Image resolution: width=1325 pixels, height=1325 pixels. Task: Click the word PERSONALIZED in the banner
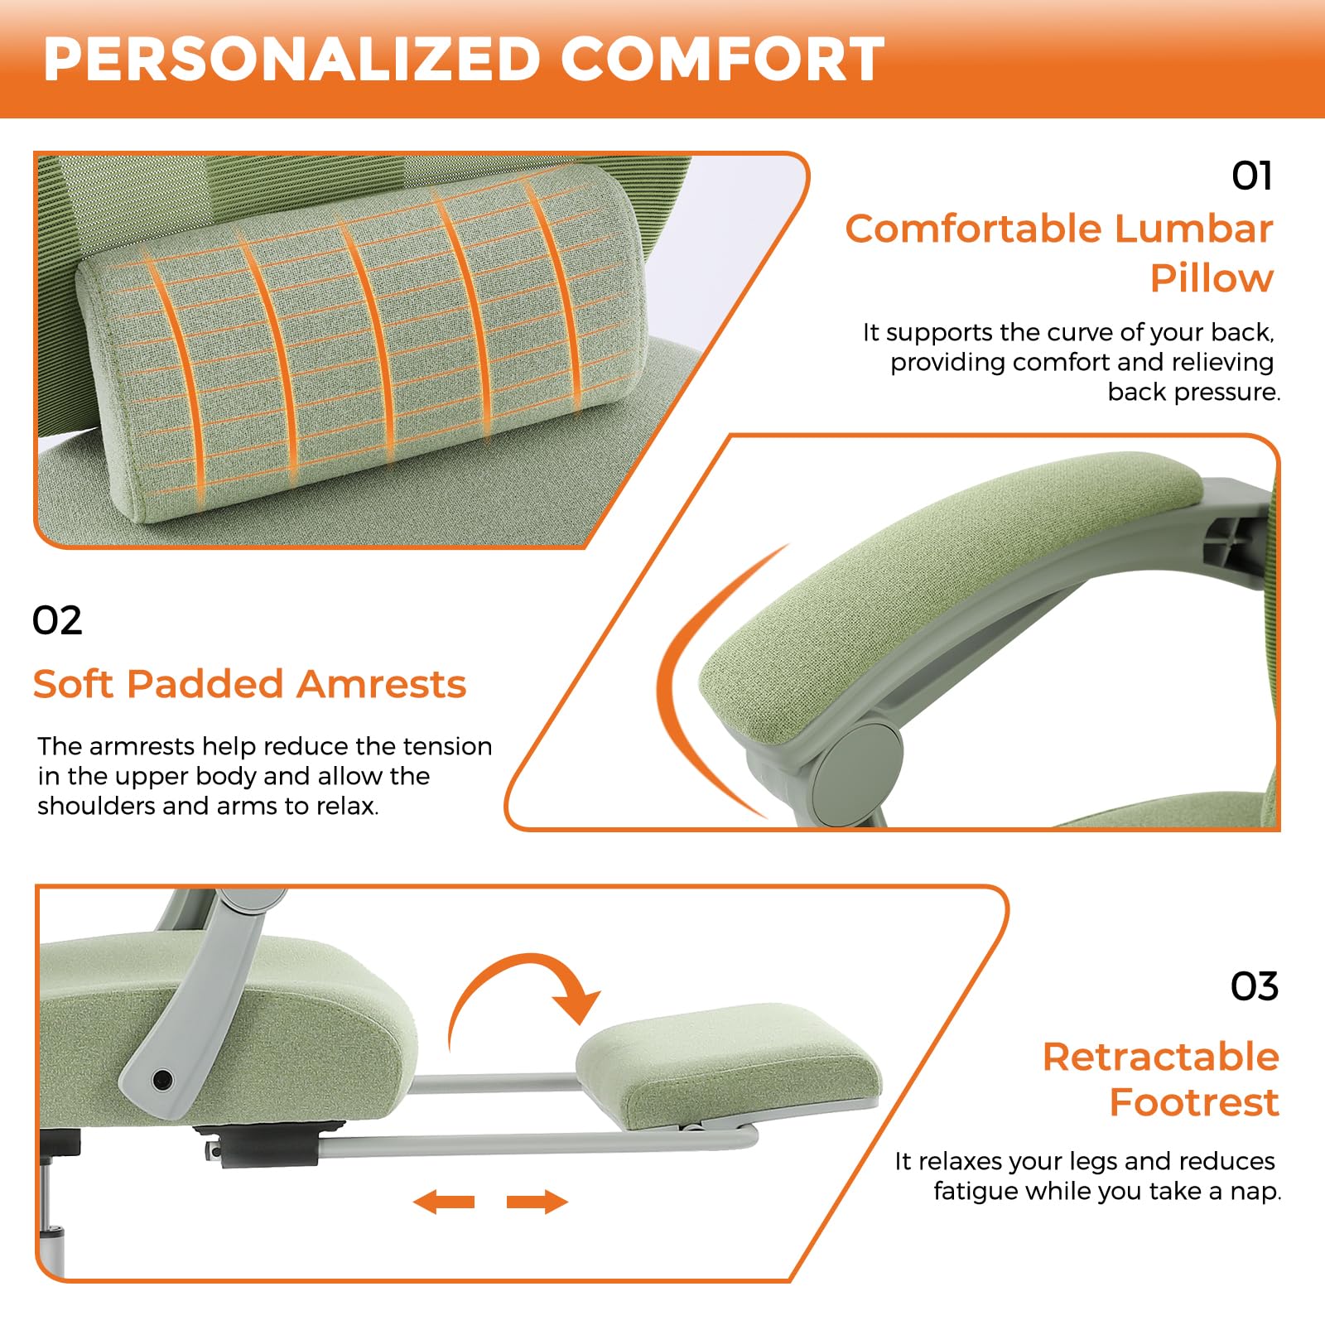point(291,59)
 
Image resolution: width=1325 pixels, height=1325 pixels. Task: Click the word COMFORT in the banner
point(722,59)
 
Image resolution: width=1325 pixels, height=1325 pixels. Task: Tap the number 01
point(1251,176)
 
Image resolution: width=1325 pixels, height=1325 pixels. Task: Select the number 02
point(57,620)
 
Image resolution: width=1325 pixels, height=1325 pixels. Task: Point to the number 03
point(1254,986)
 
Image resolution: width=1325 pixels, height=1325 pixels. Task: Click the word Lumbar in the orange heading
point(1193,229)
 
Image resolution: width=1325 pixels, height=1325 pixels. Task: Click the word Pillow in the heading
point(1212,278)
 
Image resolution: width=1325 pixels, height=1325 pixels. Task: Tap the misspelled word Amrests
point(382,684)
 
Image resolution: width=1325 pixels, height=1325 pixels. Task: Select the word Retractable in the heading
point(1161,1057)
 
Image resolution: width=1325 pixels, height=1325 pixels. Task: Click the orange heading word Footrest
point(1194,1102)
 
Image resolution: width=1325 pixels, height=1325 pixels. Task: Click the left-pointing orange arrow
point(444,1202)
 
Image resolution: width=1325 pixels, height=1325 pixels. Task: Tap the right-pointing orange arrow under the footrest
point(537,1202)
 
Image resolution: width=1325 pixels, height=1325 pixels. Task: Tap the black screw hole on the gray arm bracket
point(163,1079)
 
